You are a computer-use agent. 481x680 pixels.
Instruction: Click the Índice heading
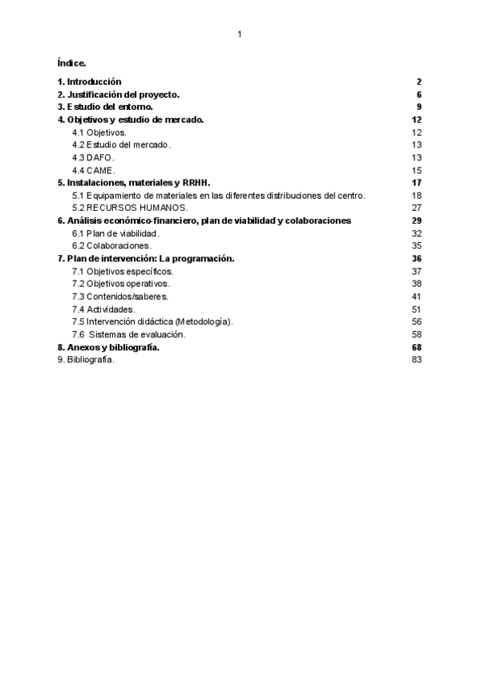(x=72, y=62)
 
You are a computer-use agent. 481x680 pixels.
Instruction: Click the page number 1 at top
(x=240, y=34)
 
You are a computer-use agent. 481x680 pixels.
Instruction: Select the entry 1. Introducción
(x=89, y=82)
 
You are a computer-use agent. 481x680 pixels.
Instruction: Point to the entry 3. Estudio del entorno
(x=105, y=107)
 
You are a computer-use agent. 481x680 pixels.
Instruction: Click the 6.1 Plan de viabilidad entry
(x=115, y=233)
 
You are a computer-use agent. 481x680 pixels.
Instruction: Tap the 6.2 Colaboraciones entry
(x=111, y=245)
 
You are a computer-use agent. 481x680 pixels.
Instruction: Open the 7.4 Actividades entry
(x=104, y=309)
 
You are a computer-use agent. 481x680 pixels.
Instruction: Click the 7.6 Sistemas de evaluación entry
(x=128, y=334)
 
